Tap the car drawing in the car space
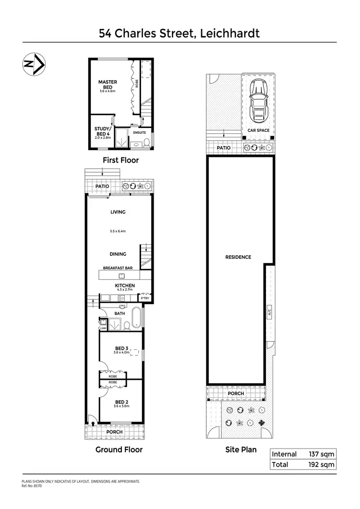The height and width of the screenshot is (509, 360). point(258,102)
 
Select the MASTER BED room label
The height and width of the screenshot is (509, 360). point(108,84)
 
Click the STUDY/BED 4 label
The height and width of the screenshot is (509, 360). point(103,131)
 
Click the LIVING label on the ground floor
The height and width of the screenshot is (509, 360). point(118,212)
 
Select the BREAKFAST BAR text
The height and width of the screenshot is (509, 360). point(118,268)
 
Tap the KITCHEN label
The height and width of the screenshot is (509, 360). point(125,285)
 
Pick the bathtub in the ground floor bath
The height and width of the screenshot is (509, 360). point(136,317)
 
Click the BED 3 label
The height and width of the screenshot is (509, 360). point(121,348)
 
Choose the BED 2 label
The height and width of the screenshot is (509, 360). point(121,402)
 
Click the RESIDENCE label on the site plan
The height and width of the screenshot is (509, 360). point(238,257)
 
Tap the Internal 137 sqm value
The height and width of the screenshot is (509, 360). point(321,454)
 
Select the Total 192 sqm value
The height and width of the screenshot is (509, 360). point(321,464)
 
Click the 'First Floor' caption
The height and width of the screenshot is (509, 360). point(121,160)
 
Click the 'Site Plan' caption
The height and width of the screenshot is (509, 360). point(241,450)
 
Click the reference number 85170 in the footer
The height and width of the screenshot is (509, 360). point(37,485)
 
